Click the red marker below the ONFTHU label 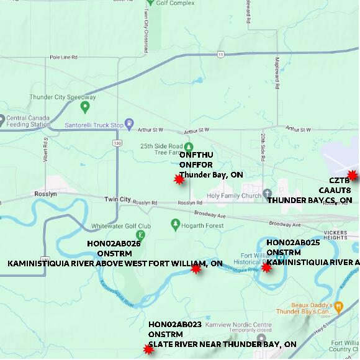(x=179, y=179)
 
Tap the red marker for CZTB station (x=353, y=175)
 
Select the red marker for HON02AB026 (x=196, y=269)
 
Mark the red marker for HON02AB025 (x=267, y=268)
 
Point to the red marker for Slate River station (x=148, y=349)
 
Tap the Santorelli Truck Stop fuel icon (x=129, y=124)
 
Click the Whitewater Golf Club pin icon (x=141, y=235)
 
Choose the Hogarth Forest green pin (x=174, y=223)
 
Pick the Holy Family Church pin (x=267, y=194)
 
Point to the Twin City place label (x=117, y=200)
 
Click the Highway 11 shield (x=221, y=55)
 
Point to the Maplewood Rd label (x=277, y=67)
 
